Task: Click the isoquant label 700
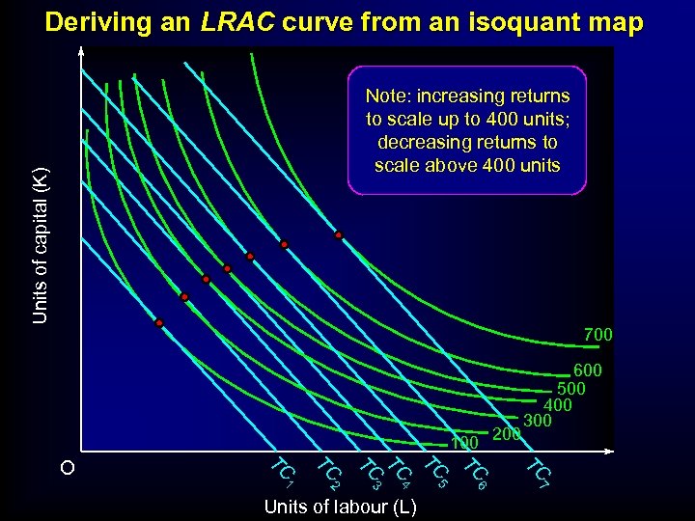(x=598, y=335)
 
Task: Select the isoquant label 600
(x=587, y=370)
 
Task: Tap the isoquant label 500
(x=571, y=388)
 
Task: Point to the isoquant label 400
(x=558, y=404)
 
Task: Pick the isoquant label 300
(x=537, y=420)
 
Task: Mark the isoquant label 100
(x=464, y=444)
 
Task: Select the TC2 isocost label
(x=329, y=472)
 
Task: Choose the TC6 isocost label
(x=476, y=472)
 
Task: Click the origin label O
(x=66, y=468)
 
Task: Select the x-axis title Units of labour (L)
(x=340, y=507)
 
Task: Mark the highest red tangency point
(x=339, y=235)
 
